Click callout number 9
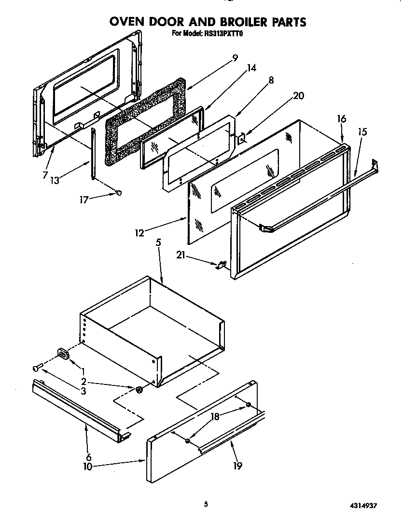235,58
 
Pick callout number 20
299,96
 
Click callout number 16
342,119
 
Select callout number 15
362,131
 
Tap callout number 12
139,233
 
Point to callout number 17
84,199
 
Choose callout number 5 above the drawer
158,243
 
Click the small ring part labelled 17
118,193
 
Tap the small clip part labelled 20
242,138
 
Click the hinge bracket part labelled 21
222,264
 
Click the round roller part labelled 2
139,389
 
